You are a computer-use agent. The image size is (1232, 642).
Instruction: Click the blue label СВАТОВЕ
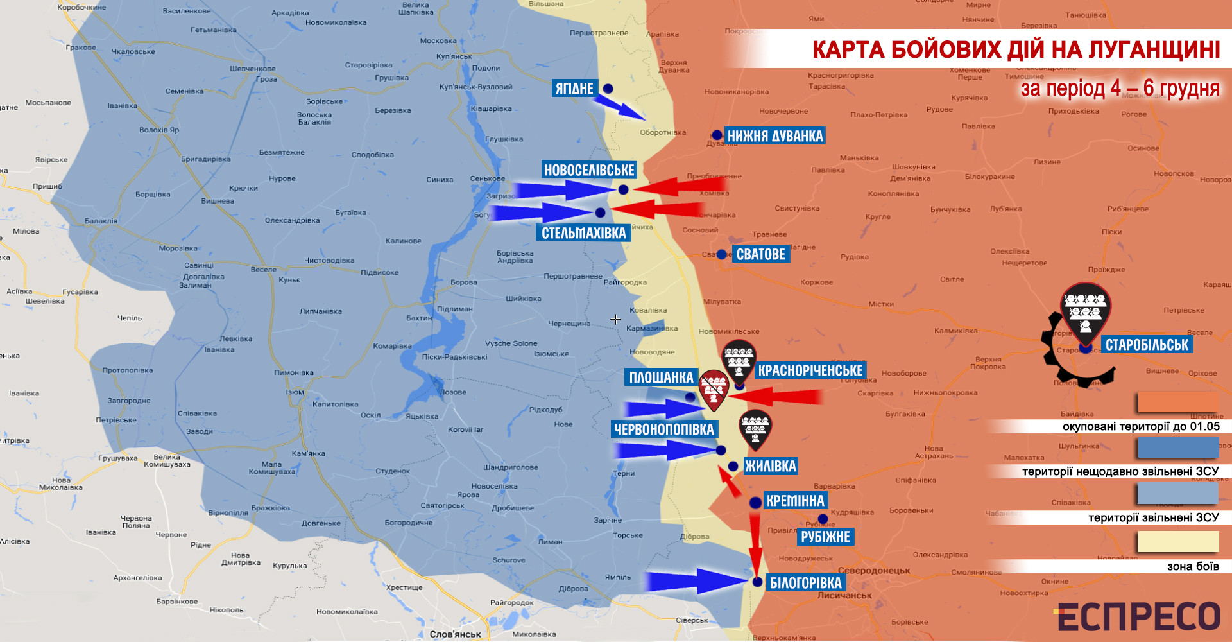760,254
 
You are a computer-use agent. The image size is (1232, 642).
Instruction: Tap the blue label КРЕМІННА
795,501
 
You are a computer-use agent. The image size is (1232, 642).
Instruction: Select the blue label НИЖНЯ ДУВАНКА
774,136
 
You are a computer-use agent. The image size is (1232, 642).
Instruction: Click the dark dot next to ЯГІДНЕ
608,89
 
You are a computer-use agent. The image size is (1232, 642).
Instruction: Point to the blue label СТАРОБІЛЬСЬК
1147,345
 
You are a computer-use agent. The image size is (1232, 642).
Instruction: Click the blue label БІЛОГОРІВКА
805,583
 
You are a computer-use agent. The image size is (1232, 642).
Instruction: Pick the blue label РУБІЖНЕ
825,537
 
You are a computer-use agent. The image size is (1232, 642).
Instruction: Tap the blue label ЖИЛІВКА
770,466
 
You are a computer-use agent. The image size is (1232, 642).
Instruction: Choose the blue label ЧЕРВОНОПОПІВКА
663,429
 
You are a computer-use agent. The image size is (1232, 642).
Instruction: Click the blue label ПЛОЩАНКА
661,377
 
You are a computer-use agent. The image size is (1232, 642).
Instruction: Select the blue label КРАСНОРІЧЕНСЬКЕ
810,370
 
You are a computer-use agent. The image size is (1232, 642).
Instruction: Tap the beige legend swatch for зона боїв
1177,542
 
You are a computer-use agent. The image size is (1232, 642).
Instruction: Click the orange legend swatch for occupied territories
1177,403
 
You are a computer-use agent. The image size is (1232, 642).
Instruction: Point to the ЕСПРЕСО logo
1138,617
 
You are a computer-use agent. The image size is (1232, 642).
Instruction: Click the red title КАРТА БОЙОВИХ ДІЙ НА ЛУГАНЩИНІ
1016,50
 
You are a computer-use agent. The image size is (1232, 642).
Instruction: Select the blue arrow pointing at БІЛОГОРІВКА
693,581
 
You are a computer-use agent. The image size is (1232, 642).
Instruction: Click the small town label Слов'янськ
455,634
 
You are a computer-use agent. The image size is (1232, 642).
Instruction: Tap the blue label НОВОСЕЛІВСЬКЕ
589,170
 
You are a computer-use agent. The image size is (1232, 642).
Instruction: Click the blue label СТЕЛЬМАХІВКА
583,233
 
